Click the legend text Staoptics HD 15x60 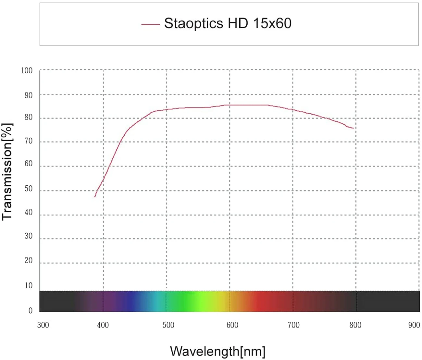(228, 23)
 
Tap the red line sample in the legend (150, 24)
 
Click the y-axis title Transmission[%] (7, 172)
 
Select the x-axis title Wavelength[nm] (217, 351)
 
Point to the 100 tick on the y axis (27, 70)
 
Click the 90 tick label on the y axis (29, 95)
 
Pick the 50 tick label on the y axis (29, 189)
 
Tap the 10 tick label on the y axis (29, 285)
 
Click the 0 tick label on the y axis (31, 311)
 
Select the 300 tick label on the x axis (43, 325)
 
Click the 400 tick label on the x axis (103, 325)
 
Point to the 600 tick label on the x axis (232, 325)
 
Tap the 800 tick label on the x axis (355, 325)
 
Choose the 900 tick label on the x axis (414, 325)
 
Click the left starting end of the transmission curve (95, 196)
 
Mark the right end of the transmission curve (353, 128)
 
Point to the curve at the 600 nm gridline (230, 105)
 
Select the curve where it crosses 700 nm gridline (293, 110)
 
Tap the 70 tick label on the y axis (29, 141)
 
